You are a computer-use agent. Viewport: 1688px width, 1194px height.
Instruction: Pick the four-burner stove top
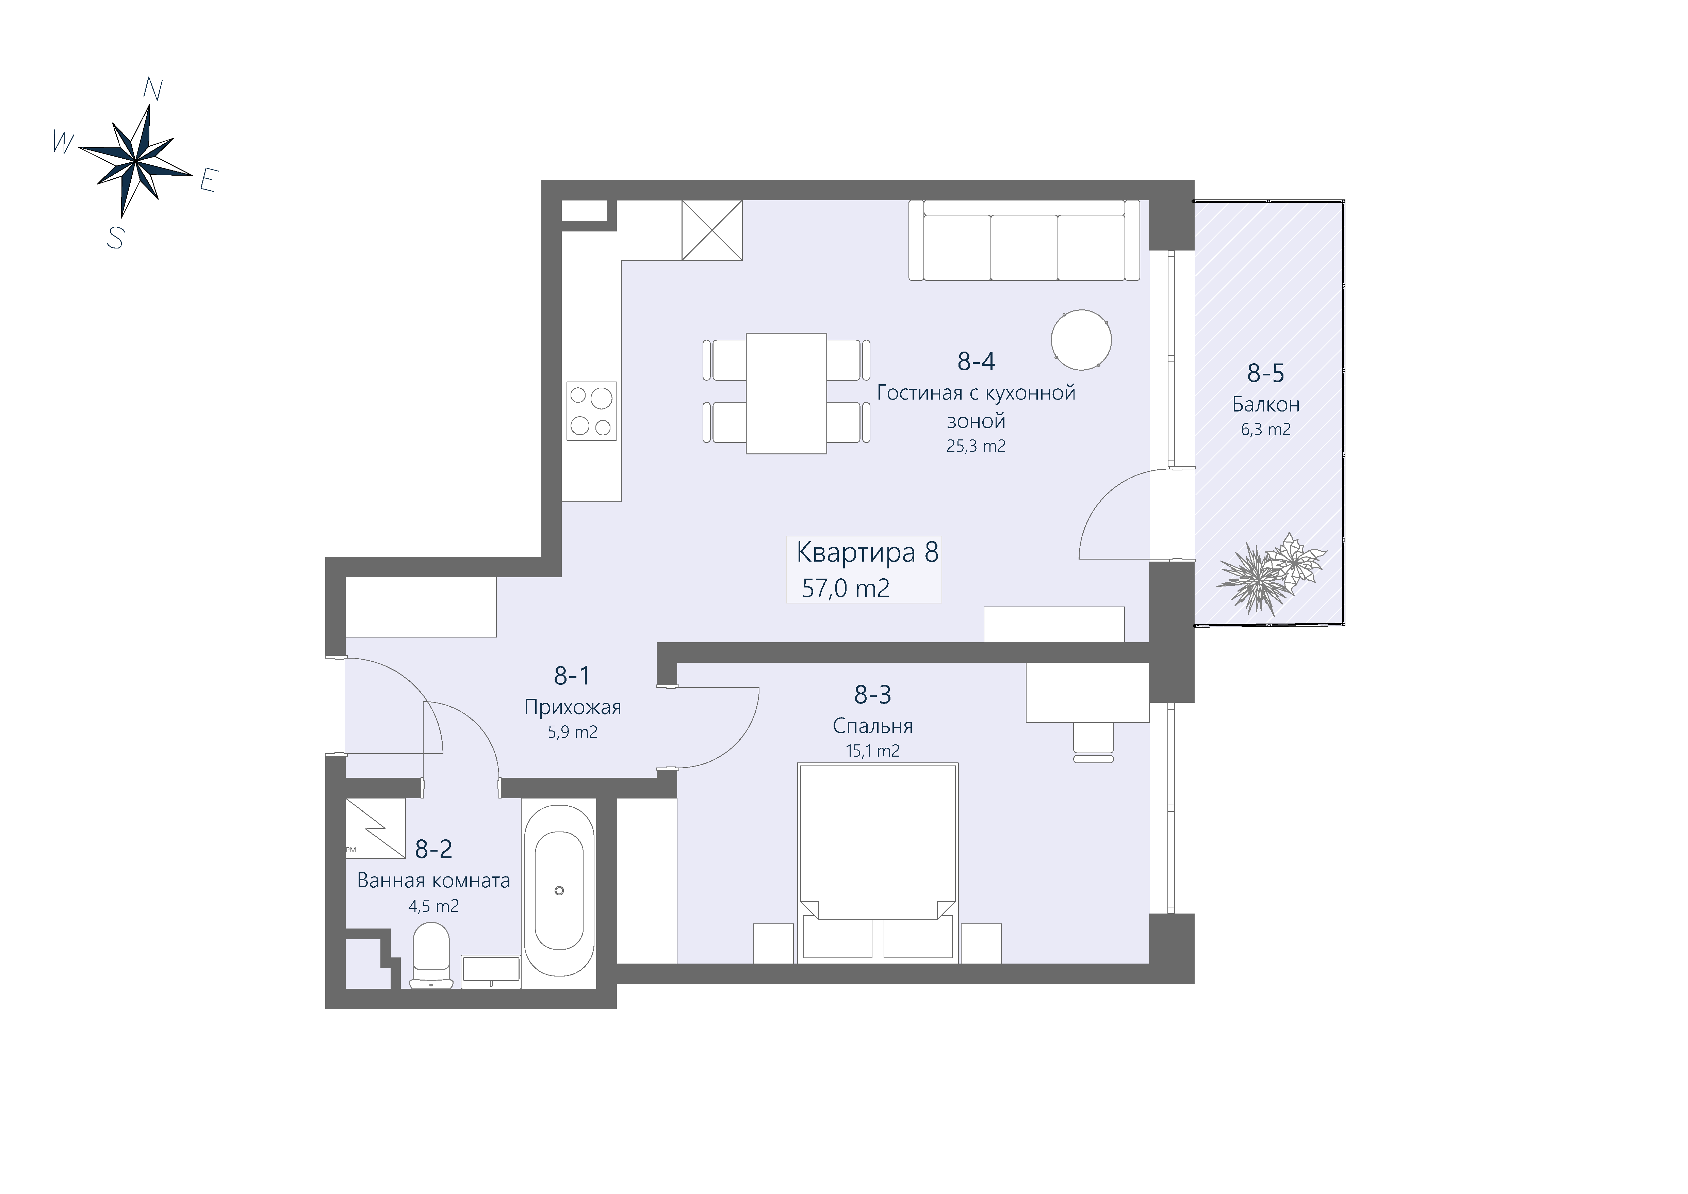591,411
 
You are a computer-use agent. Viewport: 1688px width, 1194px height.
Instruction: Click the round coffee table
1081,340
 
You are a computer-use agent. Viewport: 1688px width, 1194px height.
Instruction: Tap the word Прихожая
573,707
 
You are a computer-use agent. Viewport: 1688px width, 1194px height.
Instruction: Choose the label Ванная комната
434,881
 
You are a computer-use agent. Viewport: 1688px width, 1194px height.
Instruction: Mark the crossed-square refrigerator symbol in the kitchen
712,230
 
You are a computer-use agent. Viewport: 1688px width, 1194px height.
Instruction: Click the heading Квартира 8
868,552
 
